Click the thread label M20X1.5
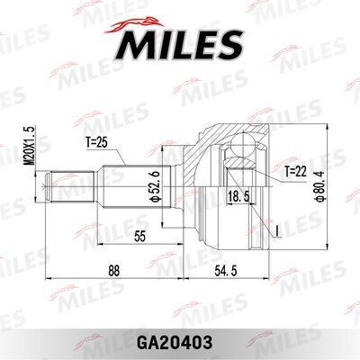point(30,144)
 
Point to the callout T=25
point(96,144)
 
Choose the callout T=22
point(296,172)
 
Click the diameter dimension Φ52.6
point(156,185)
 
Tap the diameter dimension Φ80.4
point(320,186)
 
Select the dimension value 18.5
point(238,197)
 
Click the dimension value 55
point(139,237)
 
